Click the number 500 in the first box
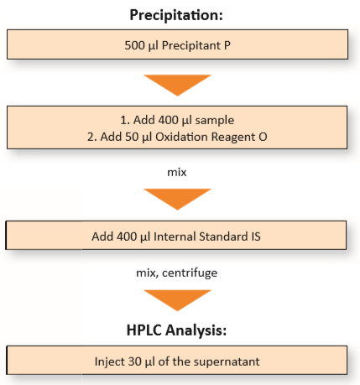134,45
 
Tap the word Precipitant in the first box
191,45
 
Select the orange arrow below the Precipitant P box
177,86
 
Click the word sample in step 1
215,121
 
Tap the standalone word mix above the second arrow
177,172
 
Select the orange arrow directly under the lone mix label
177,199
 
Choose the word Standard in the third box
223,237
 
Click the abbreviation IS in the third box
256,237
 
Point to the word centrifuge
190,273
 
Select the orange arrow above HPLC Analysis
177,300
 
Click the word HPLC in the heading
144,330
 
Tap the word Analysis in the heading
196,330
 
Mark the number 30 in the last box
134,362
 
